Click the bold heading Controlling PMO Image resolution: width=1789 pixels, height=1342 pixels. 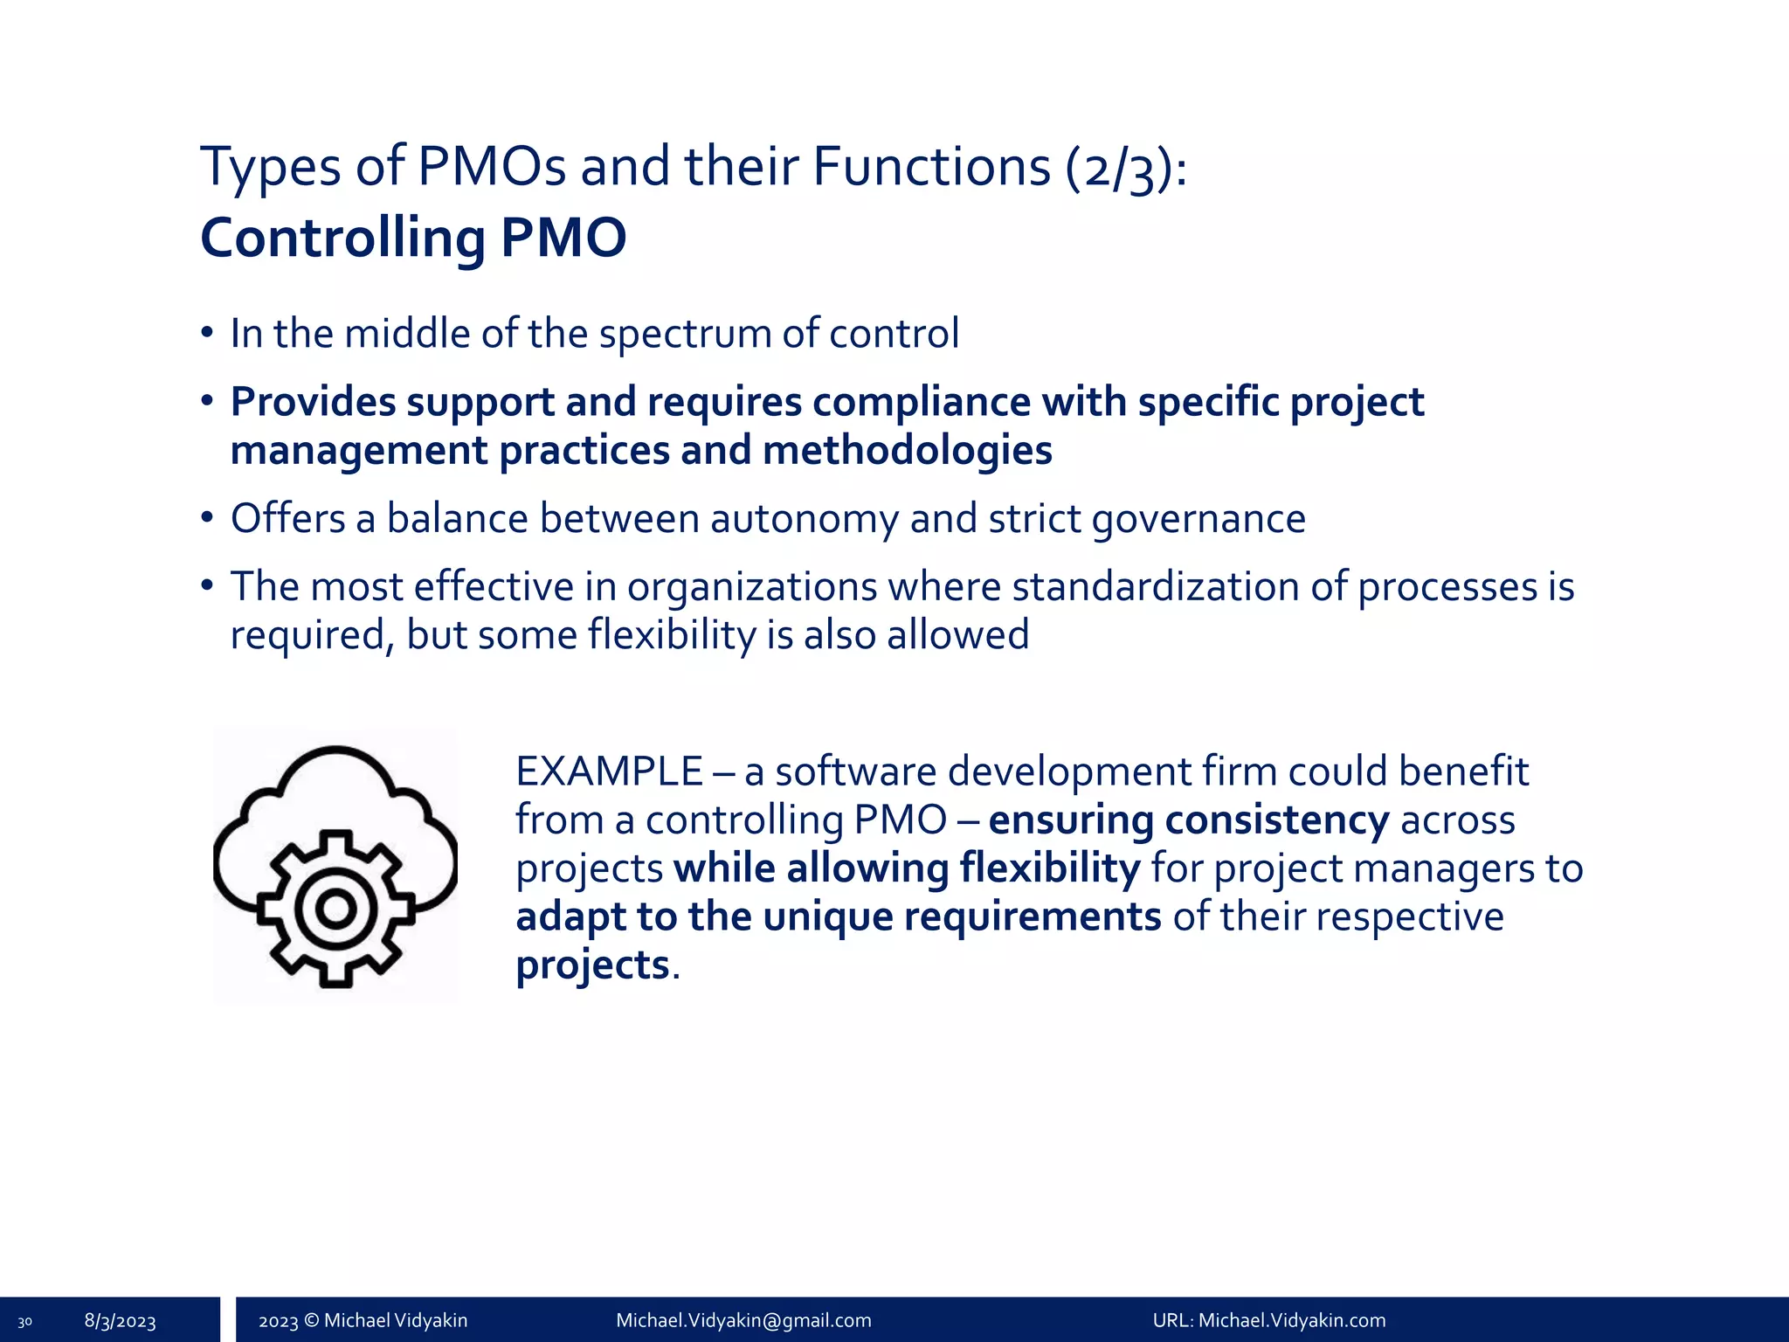pos(413,238)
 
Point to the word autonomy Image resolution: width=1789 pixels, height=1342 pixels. pos(804,519)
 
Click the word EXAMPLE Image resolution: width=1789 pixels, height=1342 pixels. pos(609,772)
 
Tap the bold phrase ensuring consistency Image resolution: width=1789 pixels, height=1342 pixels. pos(1188,820)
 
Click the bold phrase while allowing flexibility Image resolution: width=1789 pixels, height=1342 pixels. pos(906,869)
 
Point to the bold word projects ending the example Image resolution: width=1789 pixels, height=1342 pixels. pos(592,965)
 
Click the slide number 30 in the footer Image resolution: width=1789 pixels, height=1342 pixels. pos(24,1322)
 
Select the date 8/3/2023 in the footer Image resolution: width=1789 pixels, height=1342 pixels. pos(120,1321)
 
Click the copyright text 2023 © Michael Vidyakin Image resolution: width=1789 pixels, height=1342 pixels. pos(363,1320)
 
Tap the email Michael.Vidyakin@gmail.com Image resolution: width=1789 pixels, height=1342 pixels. pos(743,1320)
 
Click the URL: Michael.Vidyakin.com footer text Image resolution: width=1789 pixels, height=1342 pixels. pos(1268,1320)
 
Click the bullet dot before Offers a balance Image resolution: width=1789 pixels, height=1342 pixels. pos(207,518)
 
